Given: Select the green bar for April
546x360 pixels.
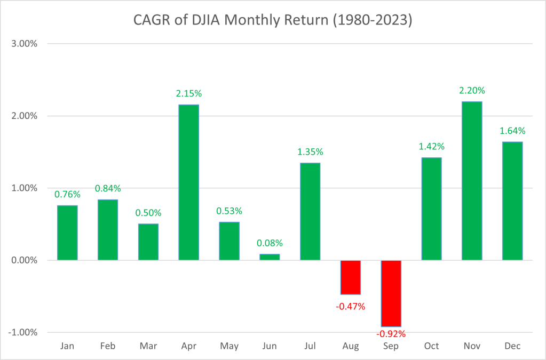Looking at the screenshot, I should point(188,182).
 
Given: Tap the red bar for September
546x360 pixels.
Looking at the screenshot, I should point(391,293).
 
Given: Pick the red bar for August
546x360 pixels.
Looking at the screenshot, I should point(351,277).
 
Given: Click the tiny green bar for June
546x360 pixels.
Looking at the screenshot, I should point(270,257).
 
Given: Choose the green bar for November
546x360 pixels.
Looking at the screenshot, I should point(472,181).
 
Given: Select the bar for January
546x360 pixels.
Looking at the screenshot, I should point(67,233).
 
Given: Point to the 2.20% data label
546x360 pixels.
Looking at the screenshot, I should point(472,91).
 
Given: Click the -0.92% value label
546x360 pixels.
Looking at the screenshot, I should point(391,334).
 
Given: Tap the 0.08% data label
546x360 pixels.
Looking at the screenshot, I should point(270,243).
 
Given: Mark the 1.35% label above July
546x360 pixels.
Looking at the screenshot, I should point(310,152).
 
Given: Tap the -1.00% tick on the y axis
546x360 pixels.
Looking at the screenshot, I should point(22,332).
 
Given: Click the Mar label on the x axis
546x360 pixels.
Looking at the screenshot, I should point(148,346).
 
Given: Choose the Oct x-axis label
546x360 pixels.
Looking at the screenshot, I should point(431,346).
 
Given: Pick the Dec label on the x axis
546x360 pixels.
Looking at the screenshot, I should point(512,346).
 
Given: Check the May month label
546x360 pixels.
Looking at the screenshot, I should point(229,346).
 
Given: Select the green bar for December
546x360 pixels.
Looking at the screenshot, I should point(512,201).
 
